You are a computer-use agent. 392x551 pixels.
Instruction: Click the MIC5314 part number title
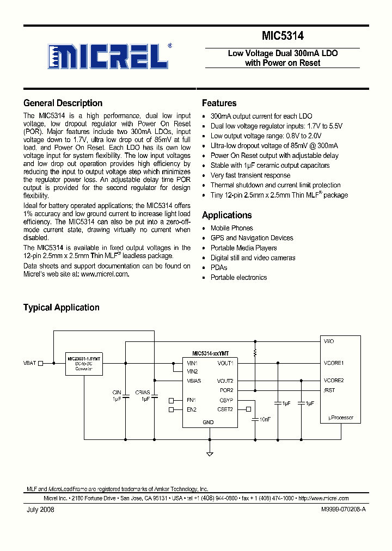283,36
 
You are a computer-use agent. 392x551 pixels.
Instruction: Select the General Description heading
63,103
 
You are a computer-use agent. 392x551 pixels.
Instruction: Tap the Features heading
219,103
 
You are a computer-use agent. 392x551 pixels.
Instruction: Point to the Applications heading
226,215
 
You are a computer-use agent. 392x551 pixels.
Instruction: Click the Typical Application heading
61,308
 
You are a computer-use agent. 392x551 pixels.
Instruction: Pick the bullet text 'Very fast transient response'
250,175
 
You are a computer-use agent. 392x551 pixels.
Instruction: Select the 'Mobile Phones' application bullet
231,228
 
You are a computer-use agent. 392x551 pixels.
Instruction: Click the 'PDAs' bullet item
219,267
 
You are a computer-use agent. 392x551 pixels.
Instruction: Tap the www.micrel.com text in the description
105,274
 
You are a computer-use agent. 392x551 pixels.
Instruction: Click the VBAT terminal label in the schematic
30,363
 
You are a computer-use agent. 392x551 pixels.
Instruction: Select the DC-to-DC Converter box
84,364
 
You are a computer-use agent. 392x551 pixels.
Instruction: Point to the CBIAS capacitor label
142,392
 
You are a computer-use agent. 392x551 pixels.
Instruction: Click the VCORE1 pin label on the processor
333,363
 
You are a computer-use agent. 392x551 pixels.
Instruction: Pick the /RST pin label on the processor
329,390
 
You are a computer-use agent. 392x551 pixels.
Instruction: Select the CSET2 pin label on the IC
225,409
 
